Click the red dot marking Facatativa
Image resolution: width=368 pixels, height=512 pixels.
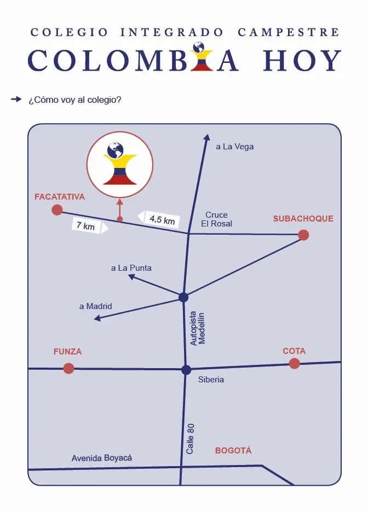(57, 210)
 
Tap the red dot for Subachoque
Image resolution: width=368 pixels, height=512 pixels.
(303, 235)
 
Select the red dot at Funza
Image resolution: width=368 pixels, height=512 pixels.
(68, 368)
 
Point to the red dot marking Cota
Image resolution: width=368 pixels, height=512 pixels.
(295, 363)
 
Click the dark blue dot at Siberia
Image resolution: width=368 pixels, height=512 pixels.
(186, 370)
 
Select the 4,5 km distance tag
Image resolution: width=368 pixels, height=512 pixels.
(159, 219)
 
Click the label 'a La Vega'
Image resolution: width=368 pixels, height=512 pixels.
(235, 147)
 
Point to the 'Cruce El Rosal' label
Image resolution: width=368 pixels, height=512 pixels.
(217, 219)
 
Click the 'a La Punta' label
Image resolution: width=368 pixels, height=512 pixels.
(131, 268)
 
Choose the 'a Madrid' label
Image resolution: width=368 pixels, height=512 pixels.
(96, 306)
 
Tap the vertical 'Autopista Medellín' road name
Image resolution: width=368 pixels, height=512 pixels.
(197, 328)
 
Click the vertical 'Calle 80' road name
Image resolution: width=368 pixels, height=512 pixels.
(190, 439)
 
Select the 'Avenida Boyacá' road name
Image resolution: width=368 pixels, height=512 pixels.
(102, 458)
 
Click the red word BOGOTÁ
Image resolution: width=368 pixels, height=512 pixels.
(233, 451)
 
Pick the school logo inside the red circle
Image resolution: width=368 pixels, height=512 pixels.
(119, 163)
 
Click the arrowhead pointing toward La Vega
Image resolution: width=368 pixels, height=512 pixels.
(206, 137)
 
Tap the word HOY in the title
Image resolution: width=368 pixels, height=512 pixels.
(302, 60)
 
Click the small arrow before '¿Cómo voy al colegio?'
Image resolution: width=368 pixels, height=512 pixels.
(16, 99)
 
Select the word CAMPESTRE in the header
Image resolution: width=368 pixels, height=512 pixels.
(289, 32)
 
